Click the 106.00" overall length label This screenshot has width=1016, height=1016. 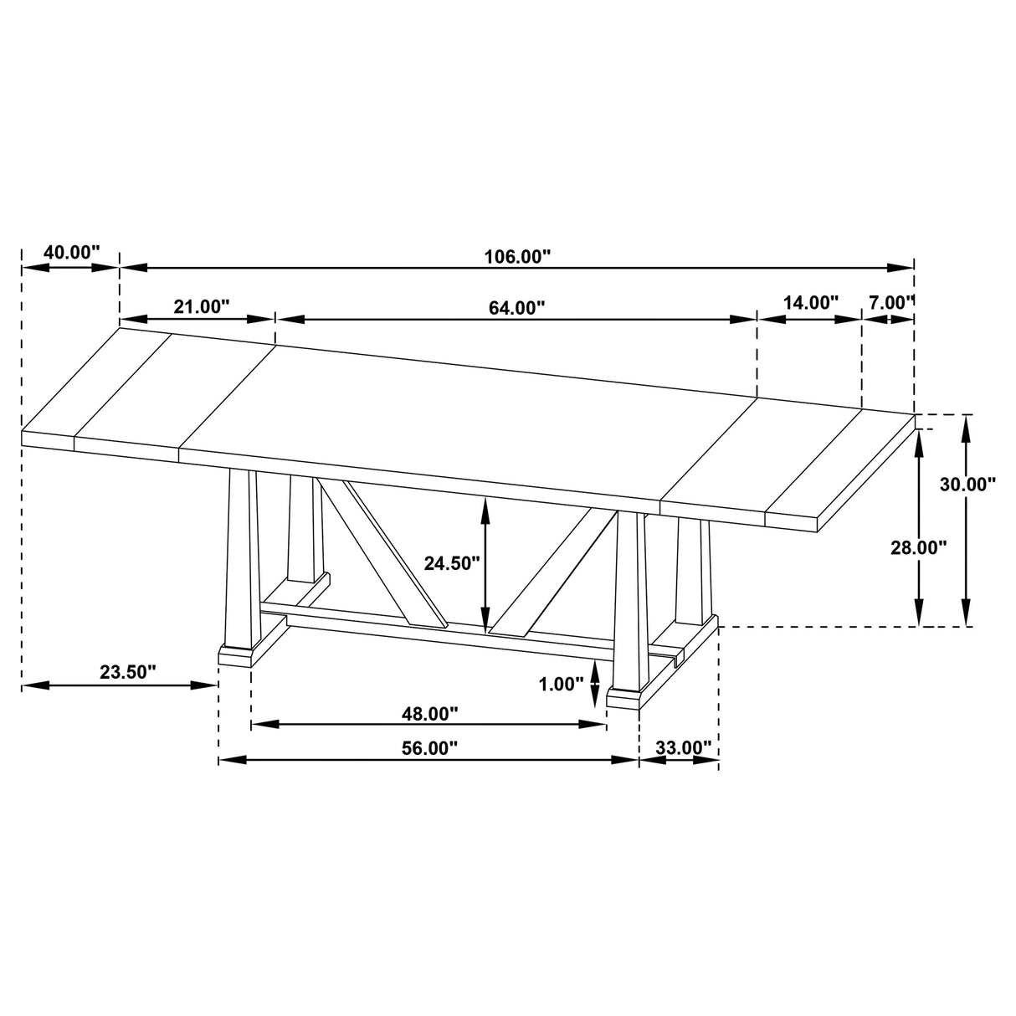pyautogui.click(x=517, y=257)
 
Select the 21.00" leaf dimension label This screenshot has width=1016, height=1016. pyautogui.click(x=202, y=306)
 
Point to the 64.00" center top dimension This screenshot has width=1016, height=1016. pyautogui.click(x=517, y=307)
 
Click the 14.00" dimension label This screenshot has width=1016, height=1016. pyautogui.click(x=809, y=303)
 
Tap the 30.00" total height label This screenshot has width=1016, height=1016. pyautogui.click(x=967, y=484)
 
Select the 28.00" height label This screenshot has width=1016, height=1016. pyautogui.click(x=919, y=547)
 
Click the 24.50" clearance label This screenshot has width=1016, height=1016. pyautogui.click(x=452, y=563)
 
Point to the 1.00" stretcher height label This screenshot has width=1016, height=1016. pyautogui.click(x=561, y=685)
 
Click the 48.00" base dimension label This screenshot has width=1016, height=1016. pyautogui.click(x=430, y=714)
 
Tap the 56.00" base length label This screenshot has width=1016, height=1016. pyautogui.click(x=430, y=748)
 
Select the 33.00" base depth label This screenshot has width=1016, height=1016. pyautogui.click(x=683, y=747)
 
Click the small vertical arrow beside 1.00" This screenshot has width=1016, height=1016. pyautogui.click(x=595, y=683)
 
